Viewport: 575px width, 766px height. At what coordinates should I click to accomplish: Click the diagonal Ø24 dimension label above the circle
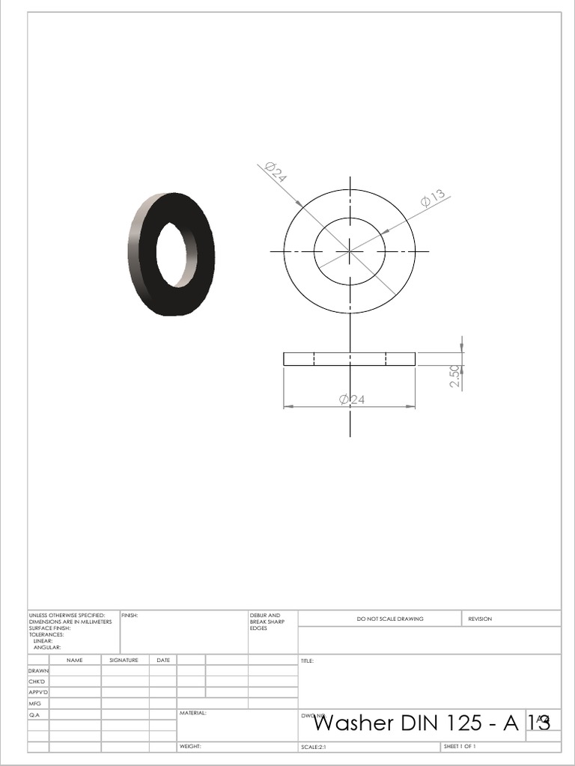[276, 173]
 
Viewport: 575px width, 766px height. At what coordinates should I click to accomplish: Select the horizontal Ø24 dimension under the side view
[352, 399]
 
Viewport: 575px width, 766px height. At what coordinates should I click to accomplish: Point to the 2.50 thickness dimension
[454, 375]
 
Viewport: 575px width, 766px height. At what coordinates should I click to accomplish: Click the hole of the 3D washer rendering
[174, 254]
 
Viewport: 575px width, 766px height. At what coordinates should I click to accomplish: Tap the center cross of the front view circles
[350, 251]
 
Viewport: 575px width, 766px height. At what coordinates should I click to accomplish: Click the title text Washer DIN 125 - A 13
[432, 723]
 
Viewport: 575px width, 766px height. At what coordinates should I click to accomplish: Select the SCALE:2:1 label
[314, 747]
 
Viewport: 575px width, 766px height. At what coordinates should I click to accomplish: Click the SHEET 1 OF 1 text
[460, 747]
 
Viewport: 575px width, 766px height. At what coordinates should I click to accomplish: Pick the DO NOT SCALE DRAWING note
[389, 619]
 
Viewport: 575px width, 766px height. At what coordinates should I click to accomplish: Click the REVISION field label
[480, 619]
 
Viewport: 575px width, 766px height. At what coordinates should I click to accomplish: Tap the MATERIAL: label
[192, 713]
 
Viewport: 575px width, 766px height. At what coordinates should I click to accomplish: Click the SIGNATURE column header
[124, 660]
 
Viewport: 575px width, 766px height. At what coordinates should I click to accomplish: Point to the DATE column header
[163, 660]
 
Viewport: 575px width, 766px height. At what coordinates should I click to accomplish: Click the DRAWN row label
[38, 671]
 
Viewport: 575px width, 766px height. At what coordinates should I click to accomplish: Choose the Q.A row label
[34, 715]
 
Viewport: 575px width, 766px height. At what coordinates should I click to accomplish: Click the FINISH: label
[130, 615]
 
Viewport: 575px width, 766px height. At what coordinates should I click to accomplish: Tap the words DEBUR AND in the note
[265, 615]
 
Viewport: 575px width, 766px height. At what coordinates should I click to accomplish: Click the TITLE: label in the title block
[307, 661]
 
